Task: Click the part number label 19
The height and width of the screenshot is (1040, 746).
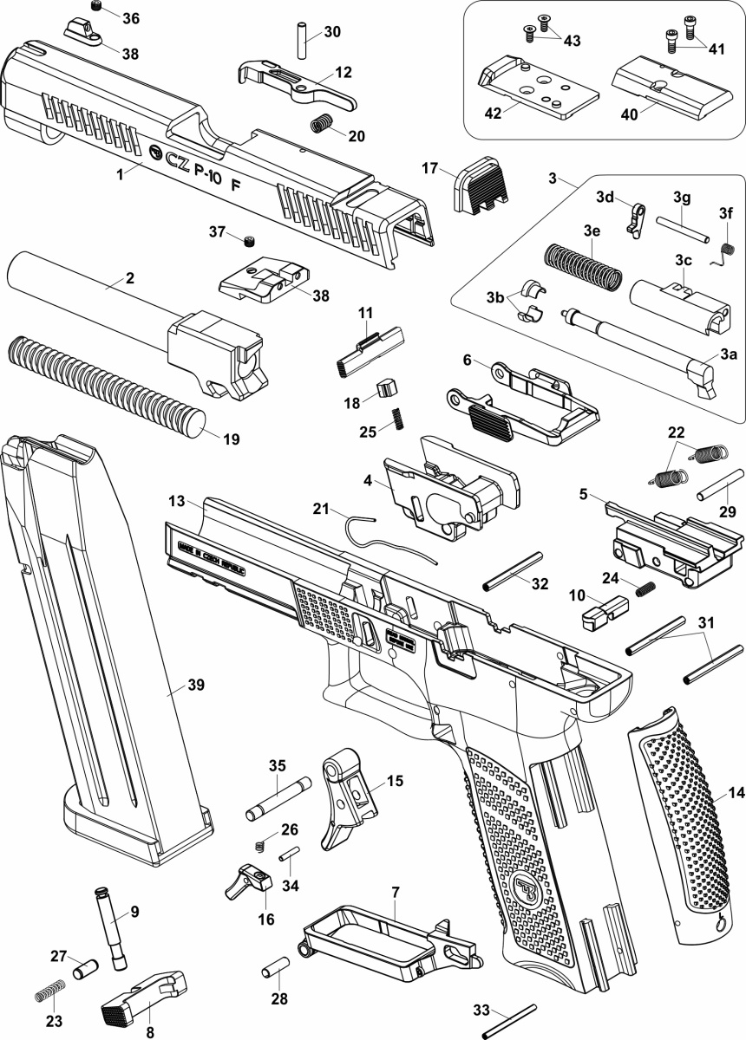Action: [231, 439]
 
